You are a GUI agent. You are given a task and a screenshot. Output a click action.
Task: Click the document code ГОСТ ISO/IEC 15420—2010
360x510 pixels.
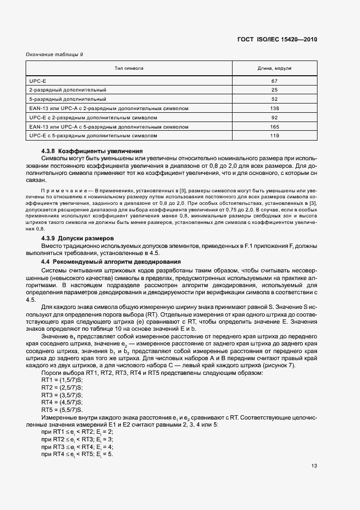277,40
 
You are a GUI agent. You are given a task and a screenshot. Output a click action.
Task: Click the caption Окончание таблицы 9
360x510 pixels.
54,54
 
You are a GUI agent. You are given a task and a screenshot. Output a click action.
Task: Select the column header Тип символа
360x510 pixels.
129,69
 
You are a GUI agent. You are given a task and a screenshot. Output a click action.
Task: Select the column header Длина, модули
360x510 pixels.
274,69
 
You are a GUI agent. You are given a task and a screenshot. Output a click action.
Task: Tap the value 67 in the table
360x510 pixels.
274,81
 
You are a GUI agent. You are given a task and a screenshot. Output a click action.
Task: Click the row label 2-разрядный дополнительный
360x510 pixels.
68,89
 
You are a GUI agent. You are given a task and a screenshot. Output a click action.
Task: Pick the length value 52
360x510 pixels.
274,99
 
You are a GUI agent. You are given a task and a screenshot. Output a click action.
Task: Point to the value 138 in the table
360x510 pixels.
274,108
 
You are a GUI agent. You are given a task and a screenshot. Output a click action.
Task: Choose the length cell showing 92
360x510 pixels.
274,117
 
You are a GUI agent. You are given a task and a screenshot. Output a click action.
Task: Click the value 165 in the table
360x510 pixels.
274,126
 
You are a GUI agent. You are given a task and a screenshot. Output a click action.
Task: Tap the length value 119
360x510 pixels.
274,135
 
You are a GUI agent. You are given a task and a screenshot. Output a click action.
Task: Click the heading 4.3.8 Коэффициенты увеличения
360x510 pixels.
92,151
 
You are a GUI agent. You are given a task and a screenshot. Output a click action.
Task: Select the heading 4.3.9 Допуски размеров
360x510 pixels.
78,239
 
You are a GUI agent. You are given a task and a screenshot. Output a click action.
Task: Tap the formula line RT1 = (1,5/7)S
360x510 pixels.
62,379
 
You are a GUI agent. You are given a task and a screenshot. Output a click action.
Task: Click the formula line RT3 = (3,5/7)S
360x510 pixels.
62,394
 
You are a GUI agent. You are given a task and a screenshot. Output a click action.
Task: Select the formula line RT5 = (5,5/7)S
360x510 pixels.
62,410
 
